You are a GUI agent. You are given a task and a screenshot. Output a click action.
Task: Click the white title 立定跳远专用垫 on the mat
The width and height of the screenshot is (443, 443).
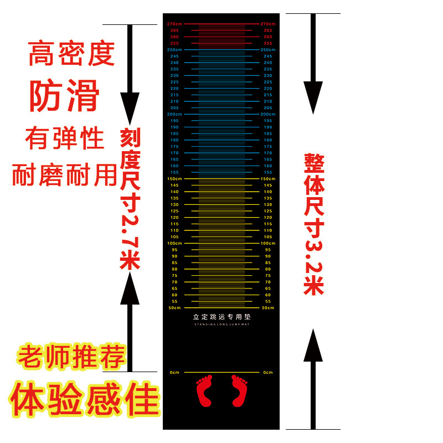point(221,317)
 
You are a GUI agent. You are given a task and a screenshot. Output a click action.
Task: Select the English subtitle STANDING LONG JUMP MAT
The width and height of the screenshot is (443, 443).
point(221,325)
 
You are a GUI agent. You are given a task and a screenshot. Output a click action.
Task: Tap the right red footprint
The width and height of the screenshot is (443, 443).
point(239,390)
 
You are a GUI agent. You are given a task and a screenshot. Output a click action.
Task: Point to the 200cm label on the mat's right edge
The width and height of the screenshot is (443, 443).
point(268,114)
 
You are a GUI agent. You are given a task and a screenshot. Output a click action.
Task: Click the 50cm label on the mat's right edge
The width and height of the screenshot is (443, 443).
point(268,308)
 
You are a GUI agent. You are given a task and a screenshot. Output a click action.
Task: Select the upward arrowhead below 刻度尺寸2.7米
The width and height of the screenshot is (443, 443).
point(130,288)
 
